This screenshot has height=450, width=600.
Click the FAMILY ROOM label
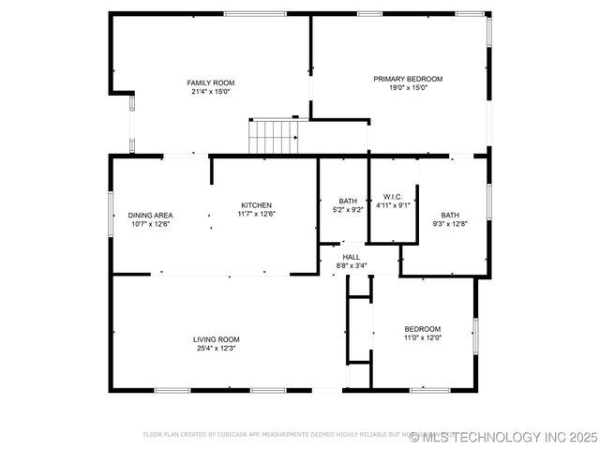pyautogui.click(x=210, y=82)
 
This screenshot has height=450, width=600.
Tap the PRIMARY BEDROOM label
pyautogui.click(x=408, y=79)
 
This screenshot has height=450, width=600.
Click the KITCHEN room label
pyautogui.click(x=256, y=205)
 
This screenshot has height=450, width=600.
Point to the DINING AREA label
pyautogui.click(x=150, y=215)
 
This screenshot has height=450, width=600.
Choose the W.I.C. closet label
pyautogui.click(x=393, y=197)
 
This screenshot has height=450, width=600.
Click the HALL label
pyautogui.click(x=351, y=257)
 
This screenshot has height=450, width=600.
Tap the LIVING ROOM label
pyautogui.click(x=217, y=339)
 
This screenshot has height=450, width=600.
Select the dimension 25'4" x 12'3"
pyautogui.click(x=217, y=349)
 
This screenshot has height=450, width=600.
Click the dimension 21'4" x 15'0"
pyautogui.click(x=210, y=92)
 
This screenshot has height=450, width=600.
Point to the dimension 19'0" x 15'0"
pyautogui.click(x=408, y=88)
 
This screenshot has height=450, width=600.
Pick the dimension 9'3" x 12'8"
pyautogui.click(x=450, y=224)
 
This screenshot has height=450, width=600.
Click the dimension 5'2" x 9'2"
pyautogui.click(x=348, y=210)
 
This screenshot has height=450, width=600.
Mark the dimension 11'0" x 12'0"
pyautogui.click(x=422, y=337)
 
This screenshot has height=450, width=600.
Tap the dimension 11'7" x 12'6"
pyautogui.click(x=256, y=215)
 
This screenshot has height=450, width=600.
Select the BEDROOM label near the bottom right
pyautogui.click(x=422, y=328)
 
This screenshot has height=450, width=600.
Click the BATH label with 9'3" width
pyautogui.click(x=450, y=215)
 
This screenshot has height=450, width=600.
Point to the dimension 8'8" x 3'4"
pyautogui.click(x=351, y=265)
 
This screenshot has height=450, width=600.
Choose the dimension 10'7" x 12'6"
pyautogui.click(x=150, y=224)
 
